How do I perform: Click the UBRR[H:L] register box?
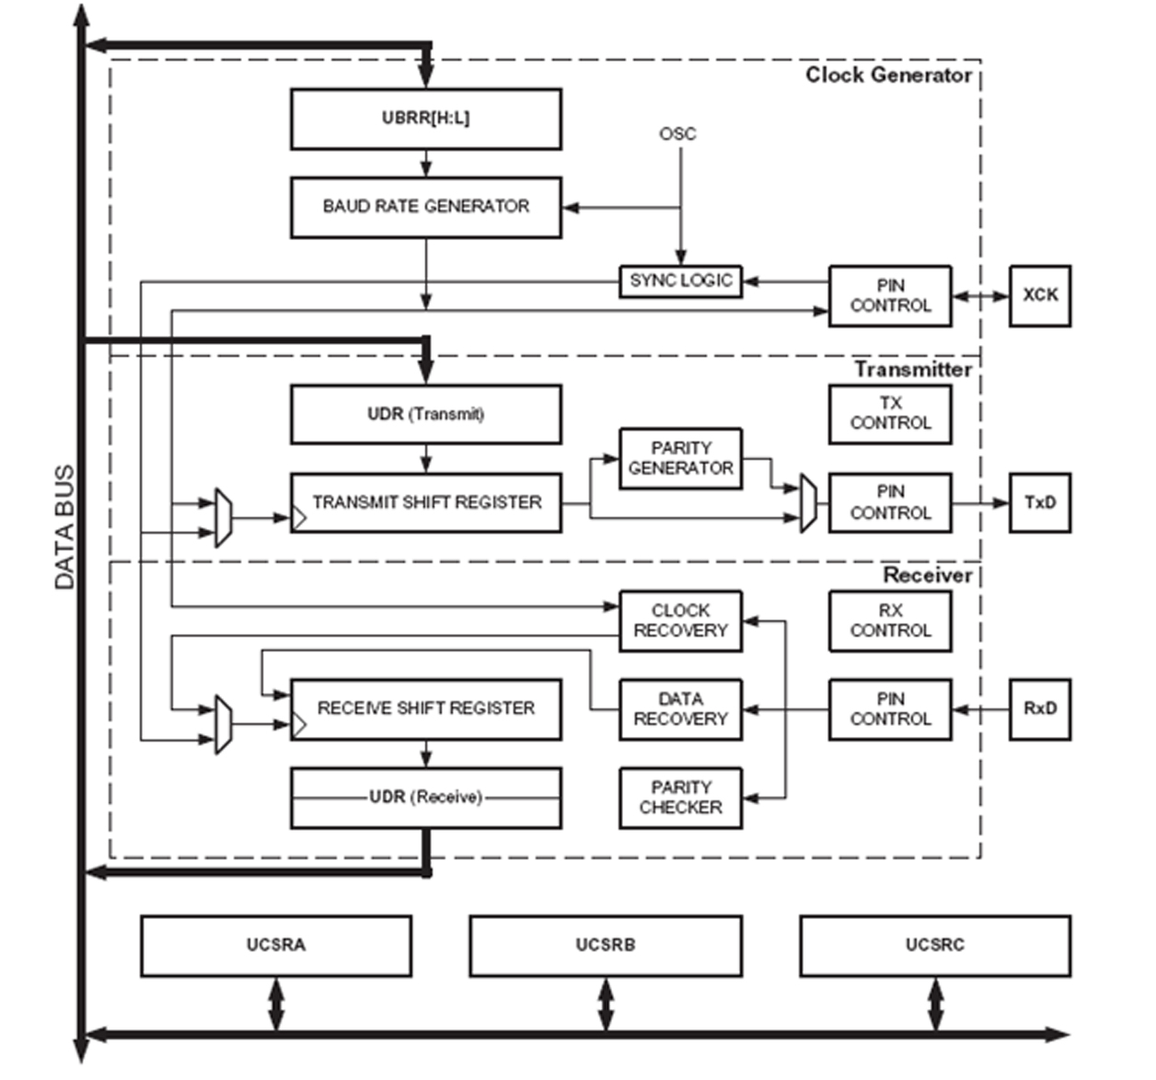425,119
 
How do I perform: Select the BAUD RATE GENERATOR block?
425,207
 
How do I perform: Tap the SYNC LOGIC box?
680,281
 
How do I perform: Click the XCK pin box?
1040,295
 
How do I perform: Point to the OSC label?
677,134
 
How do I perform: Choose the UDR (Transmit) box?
425,414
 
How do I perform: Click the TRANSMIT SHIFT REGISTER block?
425,502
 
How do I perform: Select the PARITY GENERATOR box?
680,458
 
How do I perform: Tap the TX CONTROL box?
890,414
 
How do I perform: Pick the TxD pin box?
1040,502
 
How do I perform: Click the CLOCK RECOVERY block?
680,621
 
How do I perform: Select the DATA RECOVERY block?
680,709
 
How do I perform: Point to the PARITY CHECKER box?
680,798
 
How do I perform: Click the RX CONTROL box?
890,621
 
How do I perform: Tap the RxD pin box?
1040,709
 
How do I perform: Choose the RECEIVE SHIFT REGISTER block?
425,708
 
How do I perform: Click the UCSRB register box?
606,945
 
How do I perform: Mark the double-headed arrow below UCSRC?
935,1005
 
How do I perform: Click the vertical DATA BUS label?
64,527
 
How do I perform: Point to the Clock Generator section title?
888,75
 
